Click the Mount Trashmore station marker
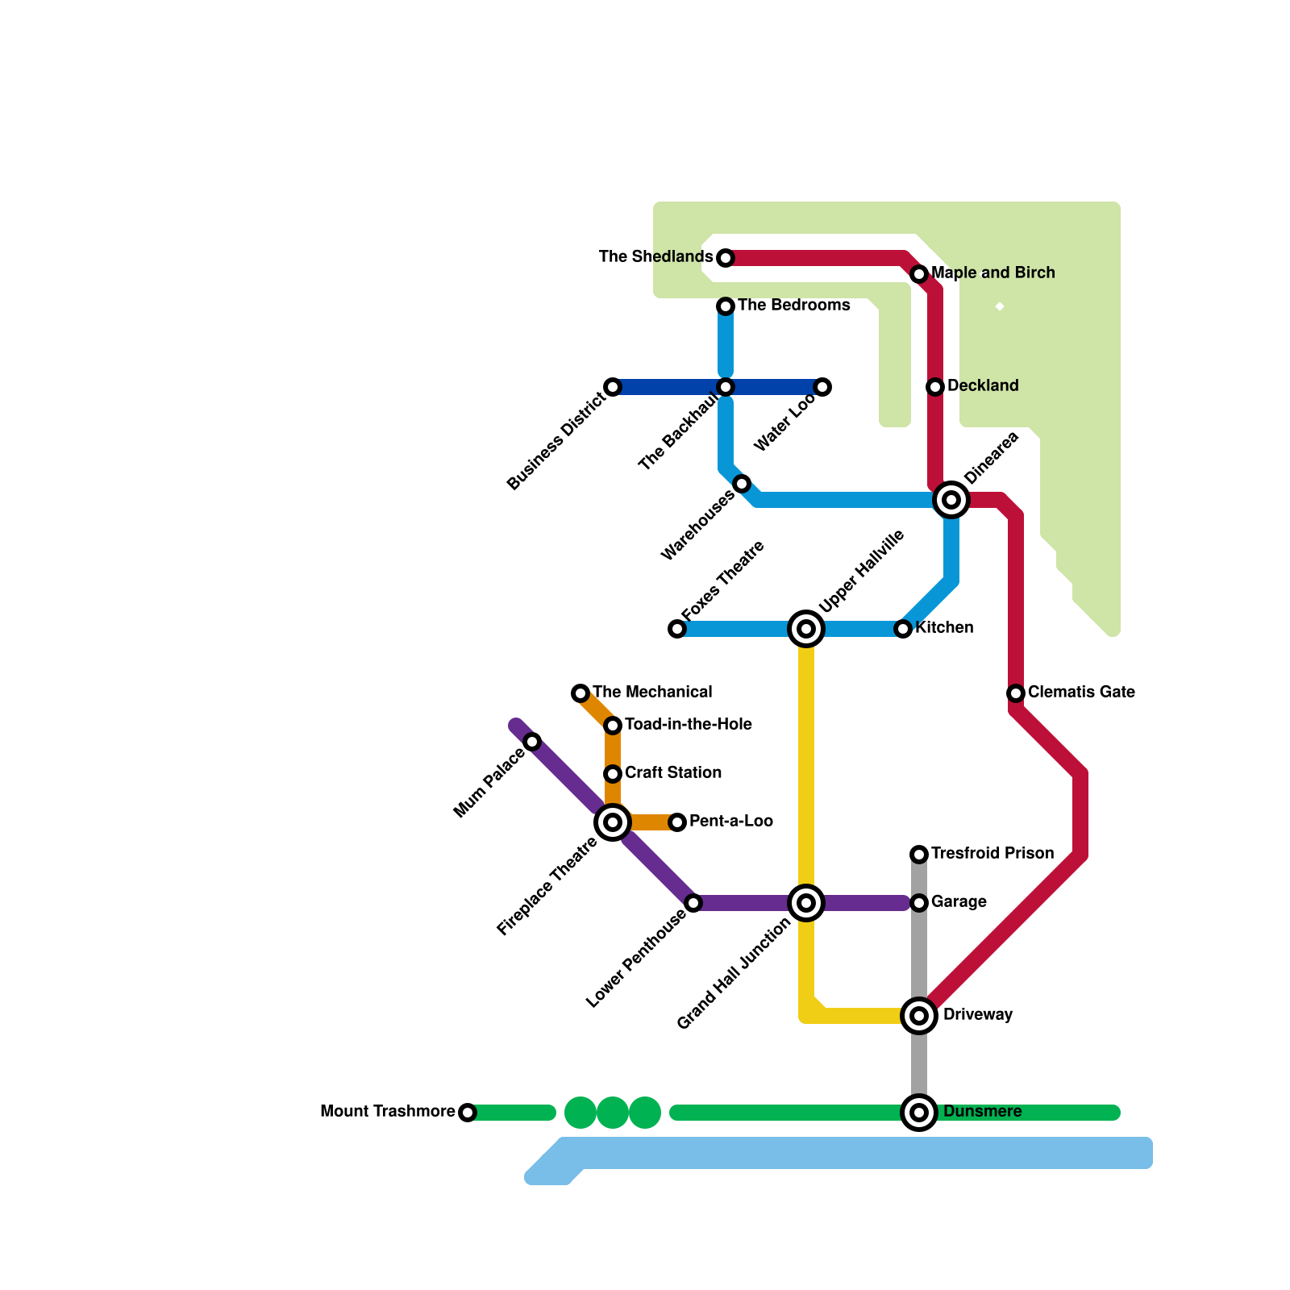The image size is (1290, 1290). pyautogui.click(x=468, y=1113)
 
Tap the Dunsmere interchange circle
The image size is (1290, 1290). pyautogui.click(x=919, y=1113)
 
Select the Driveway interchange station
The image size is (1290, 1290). pyautogui.click(x=919, y=1016)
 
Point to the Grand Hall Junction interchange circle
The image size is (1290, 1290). pyautogui.click(x=806, y=903)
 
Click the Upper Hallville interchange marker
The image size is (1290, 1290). pyautogui.click(x=806, y=629)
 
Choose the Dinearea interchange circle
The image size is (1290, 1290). pyautogui.click(x=951, y=500)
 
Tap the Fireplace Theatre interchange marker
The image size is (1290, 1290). pyautogui.click(x=613, y=822)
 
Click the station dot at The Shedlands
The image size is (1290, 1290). pyautogui.click(x=726, y=258)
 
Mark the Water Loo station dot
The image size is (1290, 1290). pyautogui.click(x=822, y=387)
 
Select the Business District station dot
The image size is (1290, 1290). pyautogui.click(x=613, y=387)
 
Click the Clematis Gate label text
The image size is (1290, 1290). pyautogui.click(x=1081, y=693)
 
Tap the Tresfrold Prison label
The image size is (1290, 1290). pyautogui.click(x=992, y=854)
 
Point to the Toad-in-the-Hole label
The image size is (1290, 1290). pyautogui.click(x=688, y=725)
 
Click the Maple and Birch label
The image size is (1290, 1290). pyautogui.click(x=992, y=273)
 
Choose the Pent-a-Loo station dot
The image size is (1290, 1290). pyautogui.click(x=677, y=822)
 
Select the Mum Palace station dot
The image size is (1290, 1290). pyautogui.click(x=532, y=742)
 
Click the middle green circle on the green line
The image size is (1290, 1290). pyautogui.click(x=613, y=1113)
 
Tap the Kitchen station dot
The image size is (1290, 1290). pyautogui.click(x=903, y=629)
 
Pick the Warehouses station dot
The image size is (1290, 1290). pyautogui.click(x=742, y=484)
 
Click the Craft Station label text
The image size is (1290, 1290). pyautogui.click(x=672, y=773)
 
